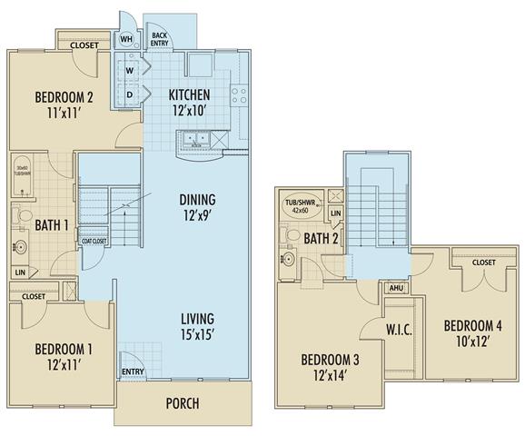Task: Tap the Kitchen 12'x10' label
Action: [x=190, y=101]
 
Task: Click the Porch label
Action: [x=182, y=403]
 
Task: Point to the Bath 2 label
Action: [x=322, y=239]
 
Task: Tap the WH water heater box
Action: [x=126, y=40]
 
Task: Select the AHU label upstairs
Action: [x=396, y=286]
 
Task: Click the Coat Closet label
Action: [x=94, y=240]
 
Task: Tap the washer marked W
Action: [x=130, y=71]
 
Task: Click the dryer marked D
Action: [x=130, y=94]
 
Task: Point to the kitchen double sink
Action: [x=195, y=140]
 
